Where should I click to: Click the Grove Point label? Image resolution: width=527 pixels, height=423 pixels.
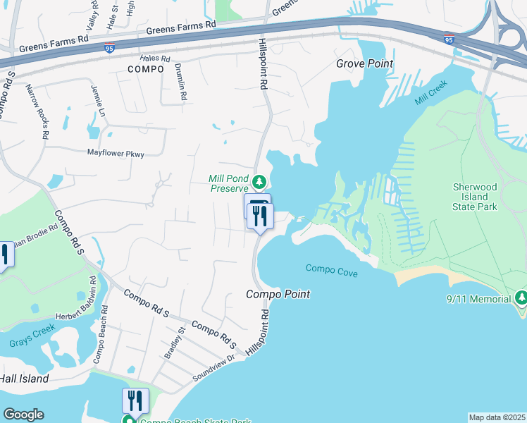tap(364, 63)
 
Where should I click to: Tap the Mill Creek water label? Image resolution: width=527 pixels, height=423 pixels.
tap(432, 97)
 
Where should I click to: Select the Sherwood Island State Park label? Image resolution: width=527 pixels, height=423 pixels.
tap(474, 197)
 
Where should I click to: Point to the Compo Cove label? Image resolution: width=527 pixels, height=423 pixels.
tap(332, 269)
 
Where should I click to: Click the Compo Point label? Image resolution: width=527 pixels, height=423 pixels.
tap(278, 294)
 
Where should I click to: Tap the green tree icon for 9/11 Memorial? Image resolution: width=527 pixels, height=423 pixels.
tap(521, 298)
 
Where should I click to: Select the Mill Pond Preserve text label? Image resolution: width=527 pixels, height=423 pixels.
tap(228, 183)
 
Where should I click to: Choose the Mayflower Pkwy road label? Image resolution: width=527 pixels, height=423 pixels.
tap(116, 152)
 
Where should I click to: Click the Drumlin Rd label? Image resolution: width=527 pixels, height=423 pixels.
tap(181, 82)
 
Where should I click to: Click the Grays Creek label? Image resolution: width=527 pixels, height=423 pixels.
tap(31, 343)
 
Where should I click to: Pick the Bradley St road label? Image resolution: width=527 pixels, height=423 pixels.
tap(173, 342)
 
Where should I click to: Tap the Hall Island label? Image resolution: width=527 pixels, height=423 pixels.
tap(25, 379)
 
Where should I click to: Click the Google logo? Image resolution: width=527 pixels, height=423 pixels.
tap(23, 415)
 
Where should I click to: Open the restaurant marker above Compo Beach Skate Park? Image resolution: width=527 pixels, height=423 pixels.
tap(135, 400)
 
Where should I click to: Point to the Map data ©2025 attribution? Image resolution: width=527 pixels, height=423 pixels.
tap(497, 417)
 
